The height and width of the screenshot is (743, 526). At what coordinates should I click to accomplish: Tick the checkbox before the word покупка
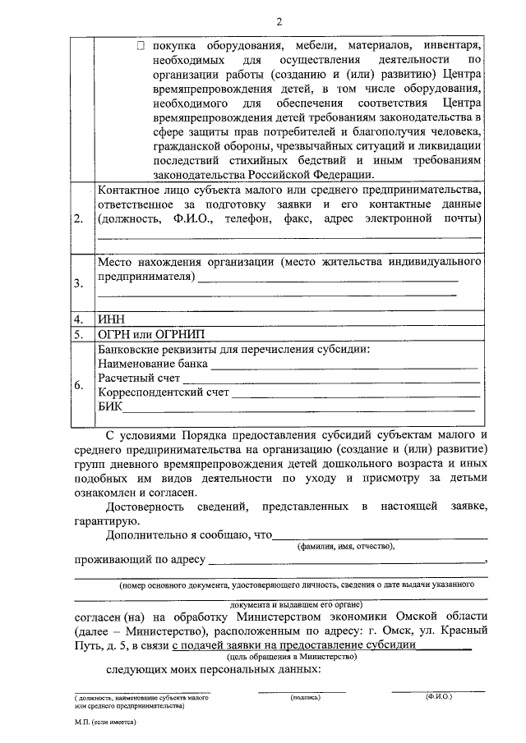coord(141,46)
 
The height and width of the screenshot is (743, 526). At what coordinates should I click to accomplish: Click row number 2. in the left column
coord(78,220)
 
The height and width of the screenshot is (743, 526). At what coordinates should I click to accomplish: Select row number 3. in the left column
coord(78,284)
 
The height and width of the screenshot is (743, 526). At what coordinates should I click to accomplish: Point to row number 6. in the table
coord(78,385)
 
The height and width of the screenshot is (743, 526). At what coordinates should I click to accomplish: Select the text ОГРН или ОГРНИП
coord(150,335)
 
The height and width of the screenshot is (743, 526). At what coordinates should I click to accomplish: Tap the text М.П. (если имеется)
coord(104,726)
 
